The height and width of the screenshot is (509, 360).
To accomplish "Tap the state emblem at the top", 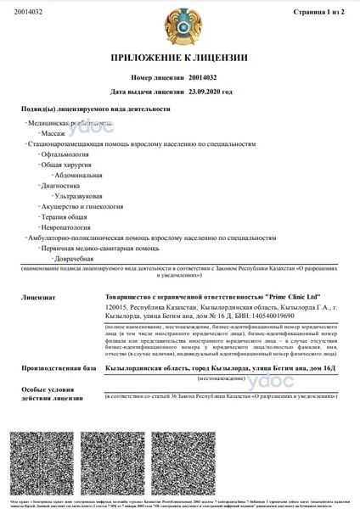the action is pyautogui.click(x=179, y=26).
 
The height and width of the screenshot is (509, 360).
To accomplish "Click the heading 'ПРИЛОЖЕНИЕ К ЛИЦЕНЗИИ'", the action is pyautogui.click(x=179, y=59).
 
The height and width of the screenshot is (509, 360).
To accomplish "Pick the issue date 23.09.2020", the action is pyautogui.click(x=210, y=90).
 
